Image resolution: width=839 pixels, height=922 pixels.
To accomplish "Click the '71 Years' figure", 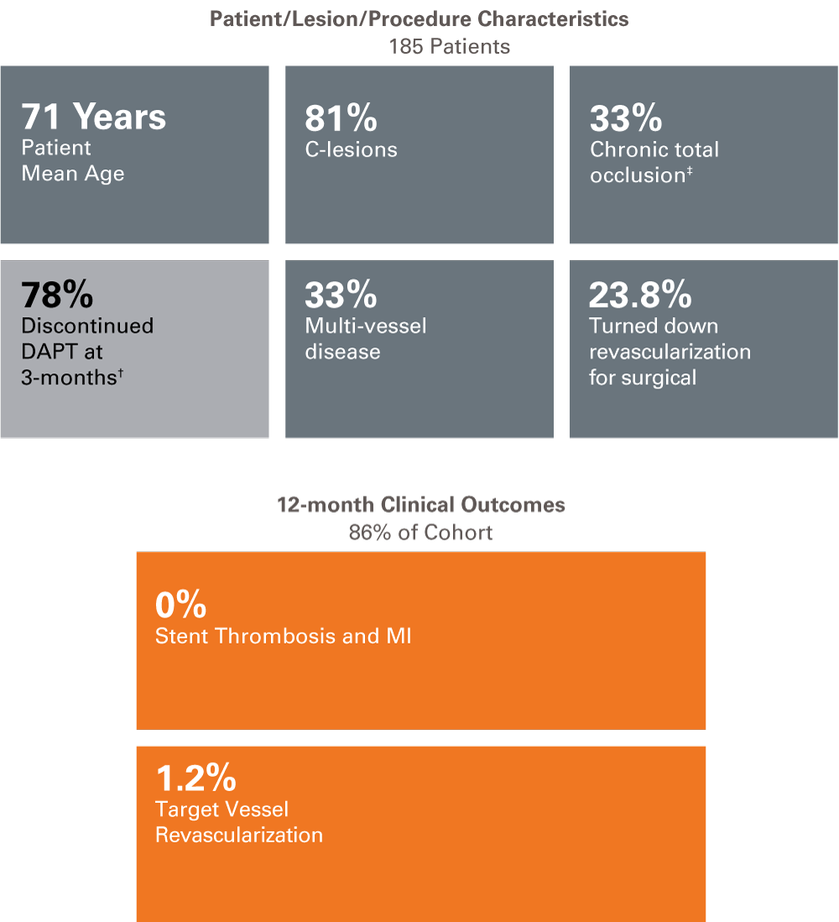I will point(94,117).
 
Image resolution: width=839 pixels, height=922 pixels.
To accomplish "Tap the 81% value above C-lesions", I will point(341,119).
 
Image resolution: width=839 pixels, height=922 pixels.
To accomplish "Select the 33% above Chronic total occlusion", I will point(626,119).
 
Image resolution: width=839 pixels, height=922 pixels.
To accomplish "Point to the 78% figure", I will point(57,295).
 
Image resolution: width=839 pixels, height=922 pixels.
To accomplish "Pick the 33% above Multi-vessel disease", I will point(341,295).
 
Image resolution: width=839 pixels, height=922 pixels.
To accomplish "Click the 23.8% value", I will point(640,295).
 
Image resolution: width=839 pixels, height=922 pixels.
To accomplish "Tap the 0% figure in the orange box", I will point(180,605).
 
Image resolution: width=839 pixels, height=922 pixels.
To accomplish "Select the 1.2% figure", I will point(195,779).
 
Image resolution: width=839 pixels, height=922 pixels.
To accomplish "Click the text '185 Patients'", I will point(449,46).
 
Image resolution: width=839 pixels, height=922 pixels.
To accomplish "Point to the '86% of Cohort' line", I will point(420,532).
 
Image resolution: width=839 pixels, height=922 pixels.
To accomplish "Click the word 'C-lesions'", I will point(351,149).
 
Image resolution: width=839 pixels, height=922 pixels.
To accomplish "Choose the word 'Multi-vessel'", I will point(366,326).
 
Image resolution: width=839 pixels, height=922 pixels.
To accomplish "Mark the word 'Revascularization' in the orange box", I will point(239,835).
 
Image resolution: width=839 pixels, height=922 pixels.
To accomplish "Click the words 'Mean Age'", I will point(73,174).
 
